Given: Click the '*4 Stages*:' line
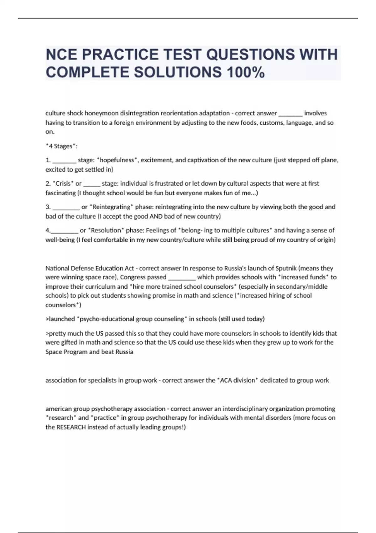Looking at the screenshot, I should coord(61,146).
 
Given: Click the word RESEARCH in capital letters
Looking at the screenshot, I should coord(71,427).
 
